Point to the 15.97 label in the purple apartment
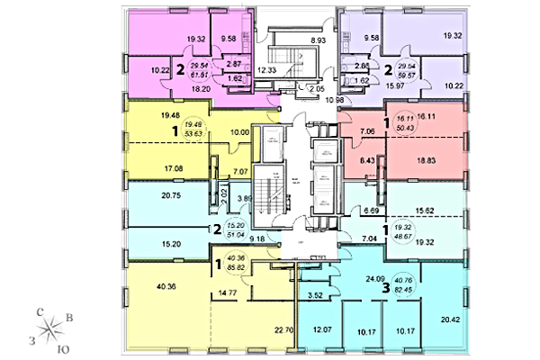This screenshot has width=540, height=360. point(393,85)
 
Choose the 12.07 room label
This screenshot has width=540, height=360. point(321,329)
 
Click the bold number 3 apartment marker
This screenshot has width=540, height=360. point(387,289)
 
